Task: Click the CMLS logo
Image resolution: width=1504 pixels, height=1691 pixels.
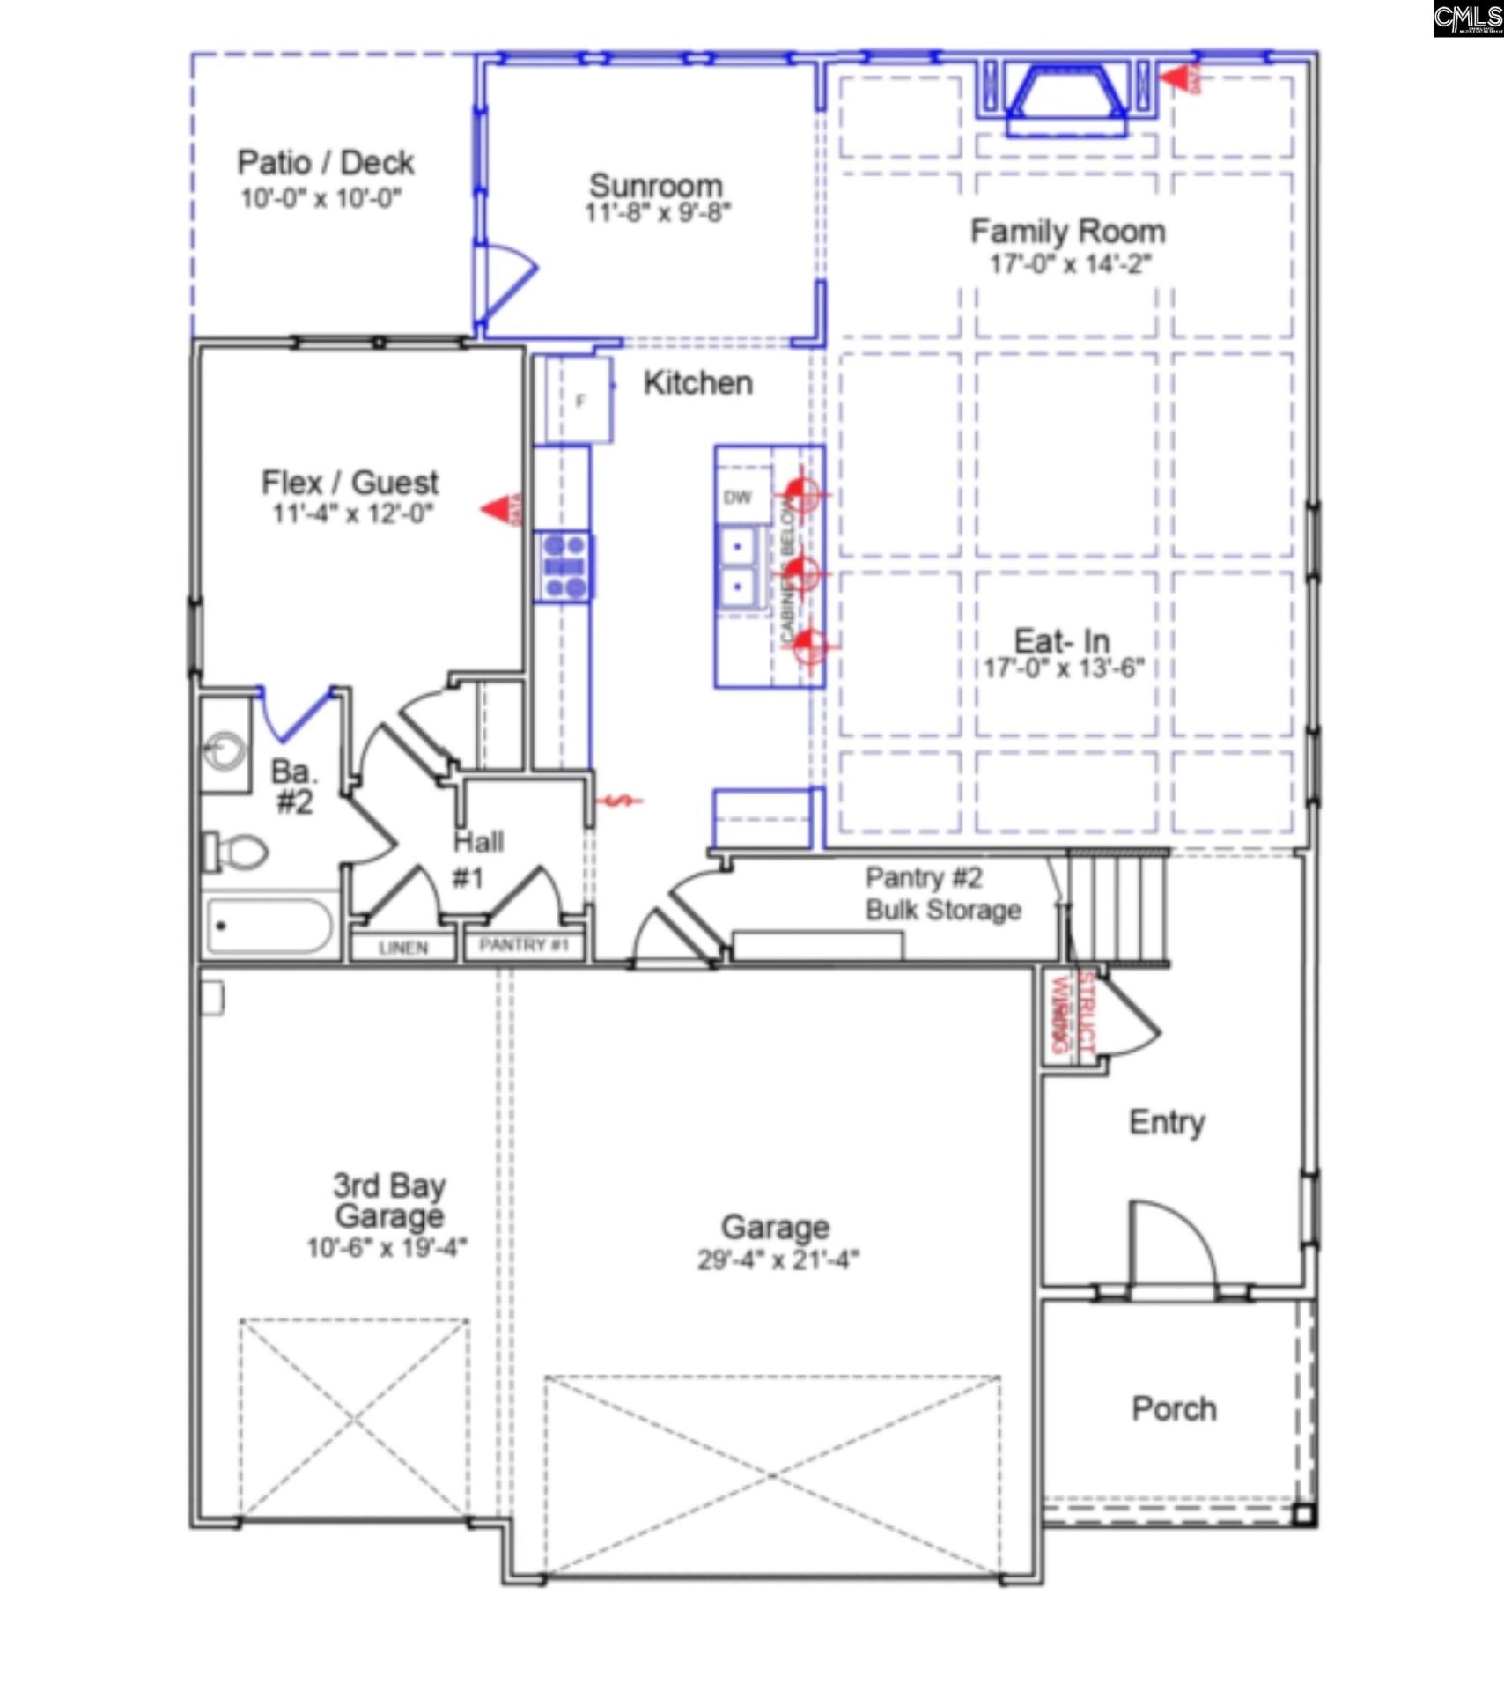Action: (1467, 18)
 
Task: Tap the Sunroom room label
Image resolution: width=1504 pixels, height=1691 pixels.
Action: (656, 185)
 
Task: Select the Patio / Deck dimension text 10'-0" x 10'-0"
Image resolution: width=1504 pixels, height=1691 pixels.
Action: (321, 198)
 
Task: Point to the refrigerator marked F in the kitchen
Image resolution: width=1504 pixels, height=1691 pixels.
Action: (579, 401)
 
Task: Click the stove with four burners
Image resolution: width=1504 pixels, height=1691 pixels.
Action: (564, 567)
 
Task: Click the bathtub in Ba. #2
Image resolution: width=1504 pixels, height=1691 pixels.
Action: (269, 926)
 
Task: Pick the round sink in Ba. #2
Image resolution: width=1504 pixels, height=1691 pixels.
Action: (225, 750)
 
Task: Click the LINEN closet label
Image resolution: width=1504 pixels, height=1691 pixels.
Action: (403, 948)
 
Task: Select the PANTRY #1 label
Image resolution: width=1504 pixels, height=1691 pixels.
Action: (524, 945)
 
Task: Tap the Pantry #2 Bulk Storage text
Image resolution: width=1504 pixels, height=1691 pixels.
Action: (942, 894)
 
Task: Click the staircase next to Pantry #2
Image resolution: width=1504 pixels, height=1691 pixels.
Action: (1116, 907)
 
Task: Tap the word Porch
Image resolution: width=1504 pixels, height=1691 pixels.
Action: (1174, 1409)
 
